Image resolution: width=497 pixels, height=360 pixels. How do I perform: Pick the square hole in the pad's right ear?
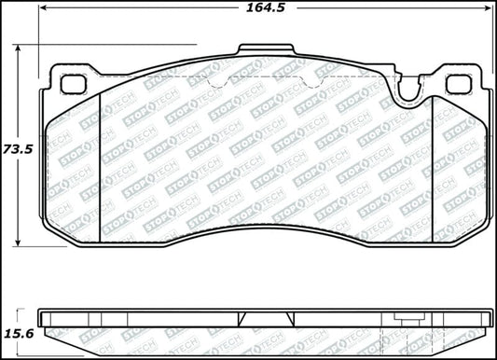458,84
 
